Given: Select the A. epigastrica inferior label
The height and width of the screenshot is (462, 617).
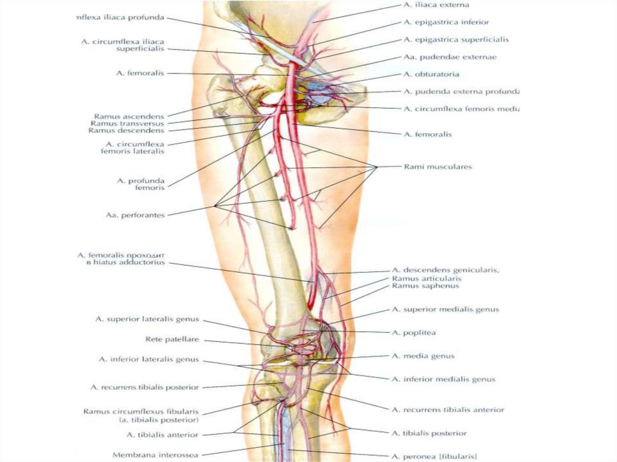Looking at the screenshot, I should click(446, 22).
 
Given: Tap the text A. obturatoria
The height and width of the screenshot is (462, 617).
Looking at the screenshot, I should click(431, 75).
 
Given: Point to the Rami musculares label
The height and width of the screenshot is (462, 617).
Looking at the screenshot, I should click(437, 167).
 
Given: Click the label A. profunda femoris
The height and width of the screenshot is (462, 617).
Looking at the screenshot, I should click(140, 184).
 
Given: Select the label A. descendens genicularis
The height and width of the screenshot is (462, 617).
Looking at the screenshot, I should click(445, 270).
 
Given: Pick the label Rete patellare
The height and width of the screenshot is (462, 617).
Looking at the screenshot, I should click(172, 340).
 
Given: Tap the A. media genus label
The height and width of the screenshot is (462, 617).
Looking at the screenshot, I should click(423, 356).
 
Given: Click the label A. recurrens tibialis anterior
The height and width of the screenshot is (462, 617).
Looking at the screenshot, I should click(448, 410).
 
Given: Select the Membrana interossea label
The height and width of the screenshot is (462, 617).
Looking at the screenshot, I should click(155, 455).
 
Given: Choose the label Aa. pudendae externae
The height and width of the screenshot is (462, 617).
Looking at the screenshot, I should click(442, 57).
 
